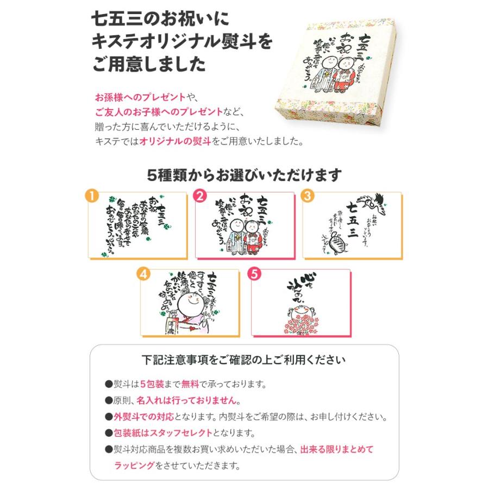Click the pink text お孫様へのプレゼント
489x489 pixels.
(x=140, y=98)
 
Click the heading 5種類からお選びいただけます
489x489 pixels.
(x=244, y=175)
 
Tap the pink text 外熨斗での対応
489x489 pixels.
(x=142, y=417)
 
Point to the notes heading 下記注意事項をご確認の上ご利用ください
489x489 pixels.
(x=243, y=360)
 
